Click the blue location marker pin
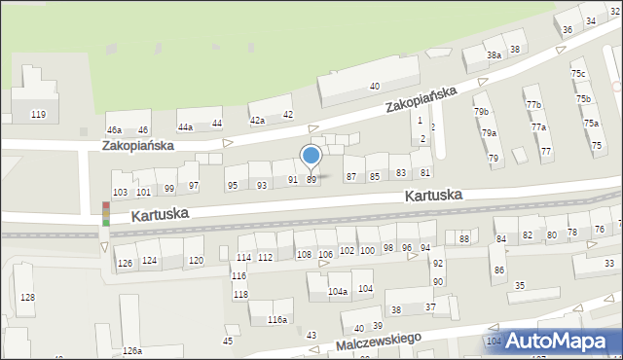(x=311, y=156)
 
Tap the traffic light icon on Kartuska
(x=105, y=214)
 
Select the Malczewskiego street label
(x=377, y=341)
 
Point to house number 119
(x=38, y=115)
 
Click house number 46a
(x=114, y=129)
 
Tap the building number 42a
(x=257, y=120)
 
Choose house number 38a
(x=494, y=55)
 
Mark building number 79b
(x=482, y=112)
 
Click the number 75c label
(x=578, y=74)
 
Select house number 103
(x=120, y=192)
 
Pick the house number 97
(x=194, y=186)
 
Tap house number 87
(x=351, y=176)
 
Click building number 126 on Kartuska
(x=125, y=263)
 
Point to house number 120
(x=196, y=260)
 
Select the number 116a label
(x=277, y=319)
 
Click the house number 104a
(x=337, y=291)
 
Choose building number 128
(x=27, y=297)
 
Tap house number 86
(x=498, y=270)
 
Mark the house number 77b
(x=532, y=104)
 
